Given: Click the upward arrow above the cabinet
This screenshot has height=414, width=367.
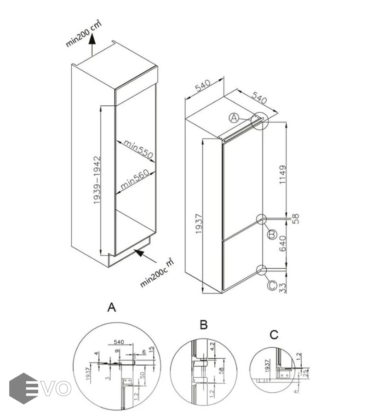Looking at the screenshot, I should (92, 44).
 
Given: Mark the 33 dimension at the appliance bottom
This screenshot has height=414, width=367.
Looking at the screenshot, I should (282, 287).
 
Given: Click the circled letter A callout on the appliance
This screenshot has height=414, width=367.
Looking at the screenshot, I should (234, 118).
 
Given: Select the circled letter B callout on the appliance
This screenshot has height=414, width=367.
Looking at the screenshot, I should (272, 235).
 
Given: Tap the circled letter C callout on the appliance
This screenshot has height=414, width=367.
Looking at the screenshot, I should (272, 286).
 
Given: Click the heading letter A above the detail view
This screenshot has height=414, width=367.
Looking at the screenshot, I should (111, 307).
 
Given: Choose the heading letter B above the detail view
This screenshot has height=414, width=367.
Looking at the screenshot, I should (204, 325).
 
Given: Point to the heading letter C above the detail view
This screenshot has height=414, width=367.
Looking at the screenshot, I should (274, 334).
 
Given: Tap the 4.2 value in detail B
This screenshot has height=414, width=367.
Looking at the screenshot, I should (212, 347).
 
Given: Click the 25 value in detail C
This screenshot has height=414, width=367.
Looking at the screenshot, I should (305, 372).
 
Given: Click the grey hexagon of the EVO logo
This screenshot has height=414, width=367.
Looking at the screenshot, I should (23, 388).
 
